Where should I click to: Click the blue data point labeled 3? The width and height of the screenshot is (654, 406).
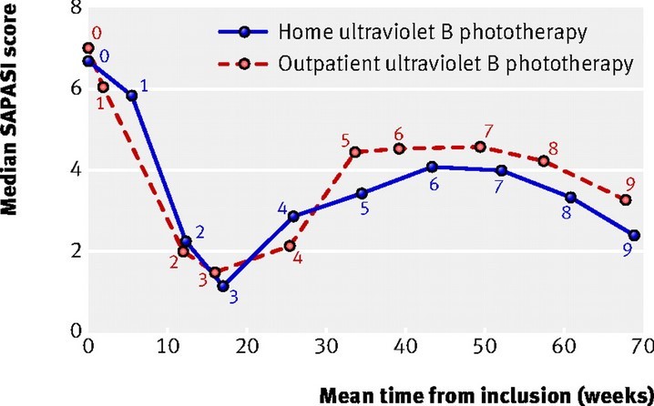coord(223,286)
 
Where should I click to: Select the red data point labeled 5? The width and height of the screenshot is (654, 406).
coord(355,152)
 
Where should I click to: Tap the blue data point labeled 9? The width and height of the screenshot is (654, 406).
coord(634,235)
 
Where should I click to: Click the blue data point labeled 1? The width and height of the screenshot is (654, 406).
coord(133,96)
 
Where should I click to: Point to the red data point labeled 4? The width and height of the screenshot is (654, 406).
coord(291,245)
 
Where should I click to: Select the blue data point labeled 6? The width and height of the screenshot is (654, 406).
coord(432,167)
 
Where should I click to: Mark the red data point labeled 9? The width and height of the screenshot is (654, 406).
coord(626,199)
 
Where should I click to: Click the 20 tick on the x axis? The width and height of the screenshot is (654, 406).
coord(247,347)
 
